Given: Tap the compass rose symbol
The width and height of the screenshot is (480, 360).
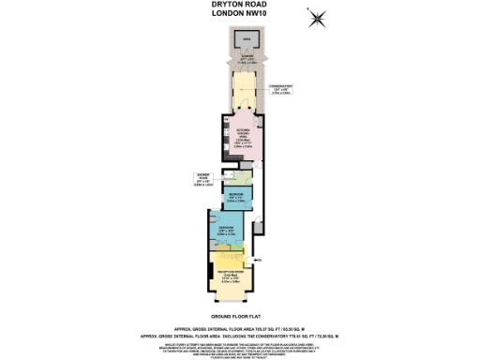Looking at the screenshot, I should pos(318,16).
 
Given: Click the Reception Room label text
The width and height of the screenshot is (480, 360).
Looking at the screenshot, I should pos(231,275).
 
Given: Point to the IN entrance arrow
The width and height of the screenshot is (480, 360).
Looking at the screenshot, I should pos(256,259).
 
